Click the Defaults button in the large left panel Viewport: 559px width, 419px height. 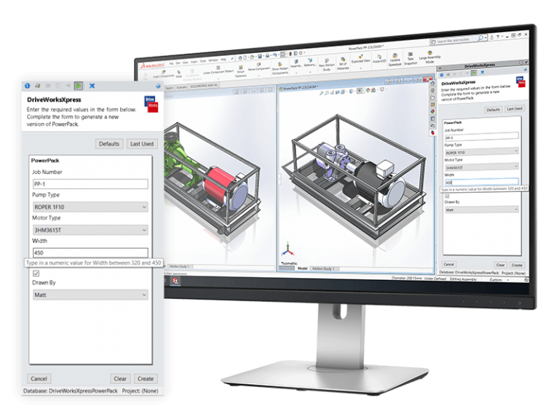109,144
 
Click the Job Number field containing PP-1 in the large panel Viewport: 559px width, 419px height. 90,184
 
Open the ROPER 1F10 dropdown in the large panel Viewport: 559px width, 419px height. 90,207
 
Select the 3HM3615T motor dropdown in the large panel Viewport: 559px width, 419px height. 90,230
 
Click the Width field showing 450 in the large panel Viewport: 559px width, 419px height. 90,252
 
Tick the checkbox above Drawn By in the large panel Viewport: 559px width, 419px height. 36,274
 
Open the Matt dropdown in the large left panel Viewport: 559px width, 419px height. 90,295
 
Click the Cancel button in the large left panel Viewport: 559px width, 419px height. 39,378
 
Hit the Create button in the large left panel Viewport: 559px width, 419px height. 146,378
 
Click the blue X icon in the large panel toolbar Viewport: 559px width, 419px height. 92,85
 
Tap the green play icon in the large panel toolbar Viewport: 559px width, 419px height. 78,85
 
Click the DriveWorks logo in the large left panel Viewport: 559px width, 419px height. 149,103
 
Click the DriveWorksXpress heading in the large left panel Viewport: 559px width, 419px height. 54,99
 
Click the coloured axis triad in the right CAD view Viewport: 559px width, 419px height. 288,250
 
